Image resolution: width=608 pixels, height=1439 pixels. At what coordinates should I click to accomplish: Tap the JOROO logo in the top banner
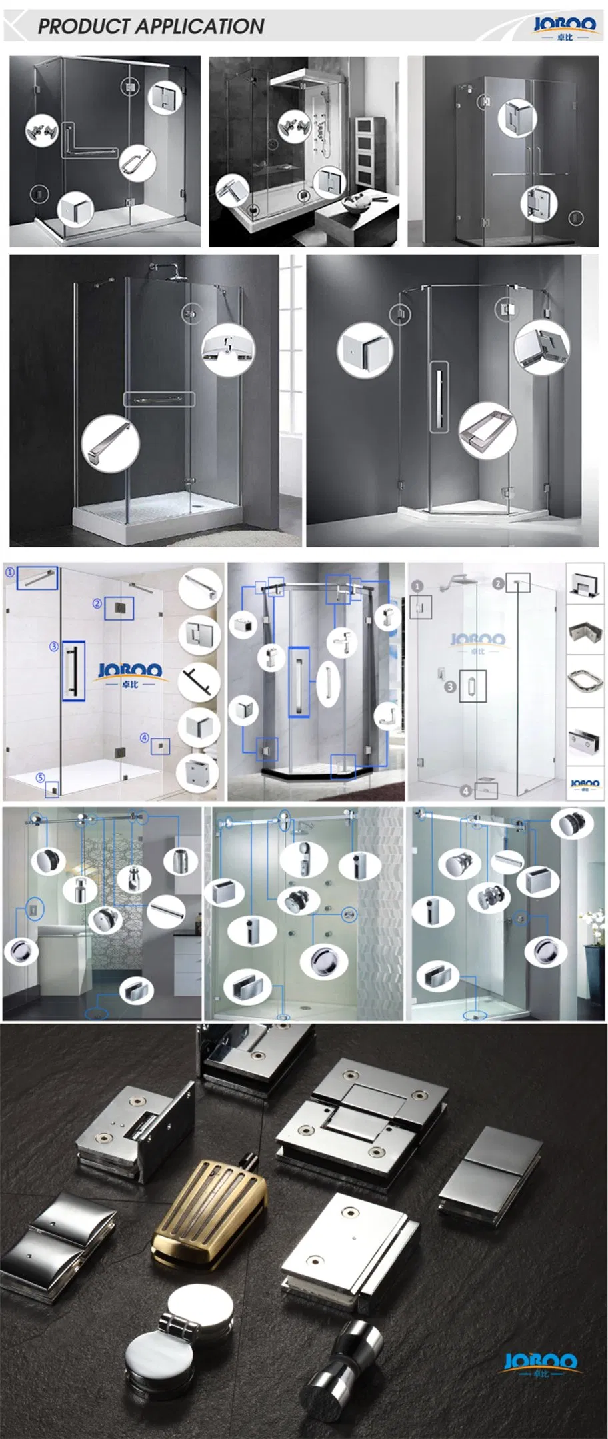[564, 27]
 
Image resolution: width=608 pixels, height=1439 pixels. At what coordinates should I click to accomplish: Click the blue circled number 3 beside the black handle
[54, 647]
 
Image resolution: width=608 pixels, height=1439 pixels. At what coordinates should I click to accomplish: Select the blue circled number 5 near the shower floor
[41, 778]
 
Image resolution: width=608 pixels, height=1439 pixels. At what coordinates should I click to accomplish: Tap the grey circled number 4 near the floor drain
[466, 791]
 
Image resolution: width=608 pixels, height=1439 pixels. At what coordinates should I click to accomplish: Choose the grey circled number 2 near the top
[498, 583]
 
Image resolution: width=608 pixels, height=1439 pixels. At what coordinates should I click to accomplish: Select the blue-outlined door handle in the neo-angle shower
[299, 681]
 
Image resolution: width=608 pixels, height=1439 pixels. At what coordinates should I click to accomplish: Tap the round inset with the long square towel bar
[110, 443]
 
